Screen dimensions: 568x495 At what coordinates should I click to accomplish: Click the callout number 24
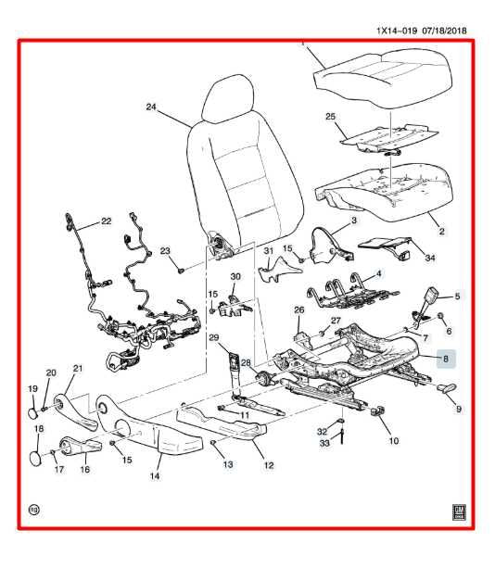pyautogui.click(x=151, y=107)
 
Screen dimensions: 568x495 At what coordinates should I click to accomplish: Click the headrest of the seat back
pyautogui.click(x=229, y=95)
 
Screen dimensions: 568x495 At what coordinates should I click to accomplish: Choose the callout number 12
pyautogui.click(x=270, y=465)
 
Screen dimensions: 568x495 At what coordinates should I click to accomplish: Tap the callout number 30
pyautogui.click(x=235, y=276)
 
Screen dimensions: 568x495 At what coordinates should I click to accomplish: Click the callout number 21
pyautogui.click(x=79, y=370)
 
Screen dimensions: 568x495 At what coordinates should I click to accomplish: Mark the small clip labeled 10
pyautogui.click(x=377, y=411)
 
